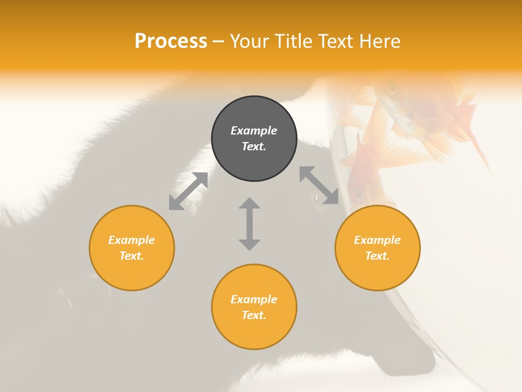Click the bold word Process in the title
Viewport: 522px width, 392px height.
(x=171, y=41)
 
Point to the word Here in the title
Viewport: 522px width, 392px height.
(x=380, y=41)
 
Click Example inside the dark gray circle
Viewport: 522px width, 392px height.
(x=254, y=131)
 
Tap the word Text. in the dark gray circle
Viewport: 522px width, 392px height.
(x=254, y=146)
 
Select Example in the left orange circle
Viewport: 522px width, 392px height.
(x=132, y=240)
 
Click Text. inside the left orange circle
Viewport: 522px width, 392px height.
(x=132, y=256)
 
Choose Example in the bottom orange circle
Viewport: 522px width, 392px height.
(x=254, y=299)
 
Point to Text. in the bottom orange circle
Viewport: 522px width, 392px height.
(x=254, y=315)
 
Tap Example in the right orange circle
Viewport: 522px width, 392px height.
(x=377, y=240)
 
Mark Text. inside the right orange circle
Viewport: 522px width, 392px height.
(x=377, y=256)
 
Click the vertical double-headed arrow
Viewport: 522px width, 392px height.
(x=250, y=224)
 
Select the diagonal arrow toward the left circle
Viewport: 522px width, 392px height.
(x=188, y=191)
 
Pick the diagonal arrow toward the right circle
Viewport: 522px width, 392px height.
(x=319, y=186)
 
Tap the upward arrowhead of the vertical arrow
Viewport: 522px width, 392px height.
(x=250, y=203)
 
